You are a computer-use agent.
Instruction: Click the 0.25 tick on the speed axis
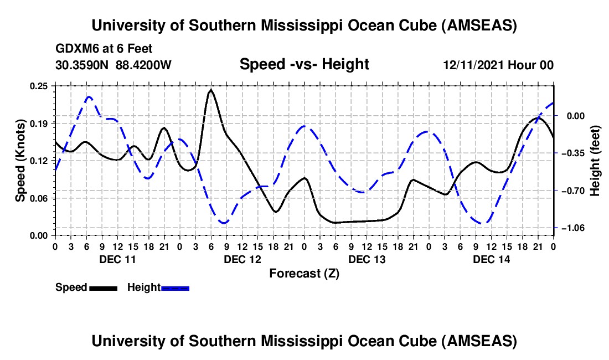40,85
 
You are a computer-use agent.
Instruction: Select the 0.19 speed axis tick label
40,123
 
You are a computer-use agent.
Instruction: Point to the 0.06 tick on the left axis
40,198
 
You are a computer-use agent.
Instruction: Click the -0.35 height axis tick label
574,153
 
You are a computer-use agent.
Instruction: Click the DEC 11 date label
117,259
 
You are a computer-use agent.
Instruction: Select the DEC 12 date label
242,259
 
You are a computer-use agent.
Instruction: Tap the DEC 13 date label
367,259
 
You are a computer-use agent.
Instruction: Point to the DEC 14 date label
491,259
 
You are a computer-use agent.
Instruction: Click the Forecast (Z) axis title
304,274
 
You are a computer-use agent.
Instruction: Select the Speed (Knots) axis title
20,160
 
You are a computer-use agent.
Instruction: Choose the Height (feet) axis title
595,160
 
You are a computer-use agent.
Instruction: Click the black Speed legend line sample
103,288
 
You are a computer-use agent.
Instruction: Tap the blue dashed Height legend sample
176,288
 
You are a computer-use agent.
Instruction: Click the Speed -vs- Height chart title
304,65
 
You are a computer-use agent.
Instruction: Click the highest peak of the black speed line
211,90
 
